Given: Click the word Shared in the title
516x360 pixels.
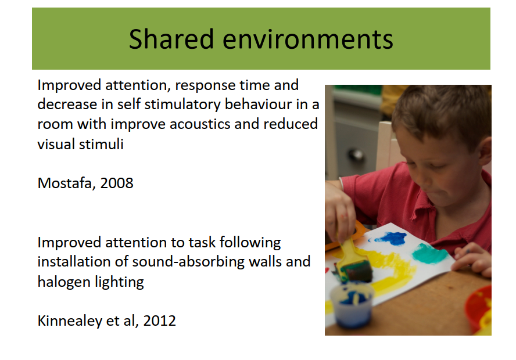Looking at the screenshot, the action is pos(171,39).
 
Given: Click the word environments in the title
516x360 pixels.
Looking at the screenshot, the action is pos(308,39).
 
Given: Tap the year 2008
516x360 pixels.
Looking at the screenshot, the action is pos(117,183).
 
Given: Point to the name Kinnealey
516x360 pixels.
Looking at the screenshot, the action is pos(70,321).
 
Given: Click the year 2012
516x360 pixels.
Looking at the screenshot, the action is pos(160,321).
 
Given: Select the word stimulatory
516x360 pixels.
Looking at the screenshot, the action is pos(182,105).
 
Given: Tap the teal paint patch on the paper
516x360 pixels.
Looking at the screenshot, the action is pos(429,254).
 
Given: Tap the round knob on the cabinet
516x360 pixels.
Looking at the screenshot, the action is pos(356,154).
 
